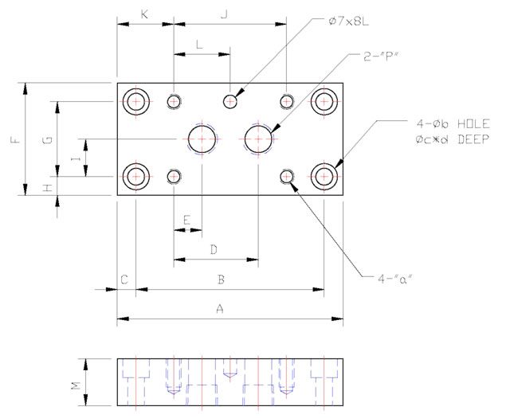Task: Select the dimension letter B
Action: click(222, 279)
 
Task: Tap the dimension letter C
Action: click(125, 279)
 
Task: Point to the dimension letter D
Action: click(214, 250)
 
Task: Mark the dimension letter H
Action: click(48, 187)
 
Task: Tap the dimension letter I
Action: click(75, 159)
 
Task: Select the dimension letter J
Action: click(225, 14)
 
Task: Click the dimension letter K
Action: click(144, 14)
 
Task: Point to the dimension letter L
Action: click(199, 45)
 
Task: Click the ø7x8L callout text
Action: click(349, 21)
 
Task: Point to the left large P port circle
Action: click(202, 139)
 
